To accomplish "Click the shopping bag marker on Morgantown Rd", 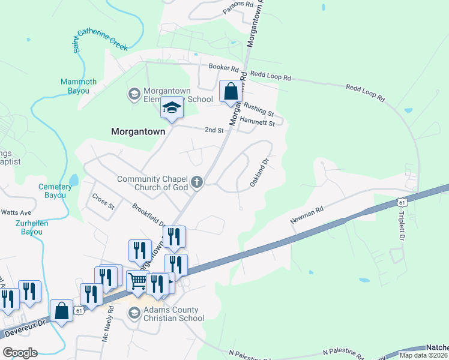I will [231, 92].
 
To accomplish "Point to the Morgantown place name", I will [137, 130].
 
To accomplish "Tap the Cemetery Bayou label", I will [55, 191].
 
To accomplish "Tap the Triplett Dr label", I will [401, 225].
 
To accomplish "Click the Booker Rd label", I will [223, 67].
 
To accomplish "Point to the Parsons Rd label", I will [238, 4].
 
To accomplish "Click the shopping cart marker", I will [138, 281].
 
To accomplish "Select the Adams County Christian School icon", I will [134, 313].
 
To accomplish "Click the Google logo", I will [20, 353].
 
